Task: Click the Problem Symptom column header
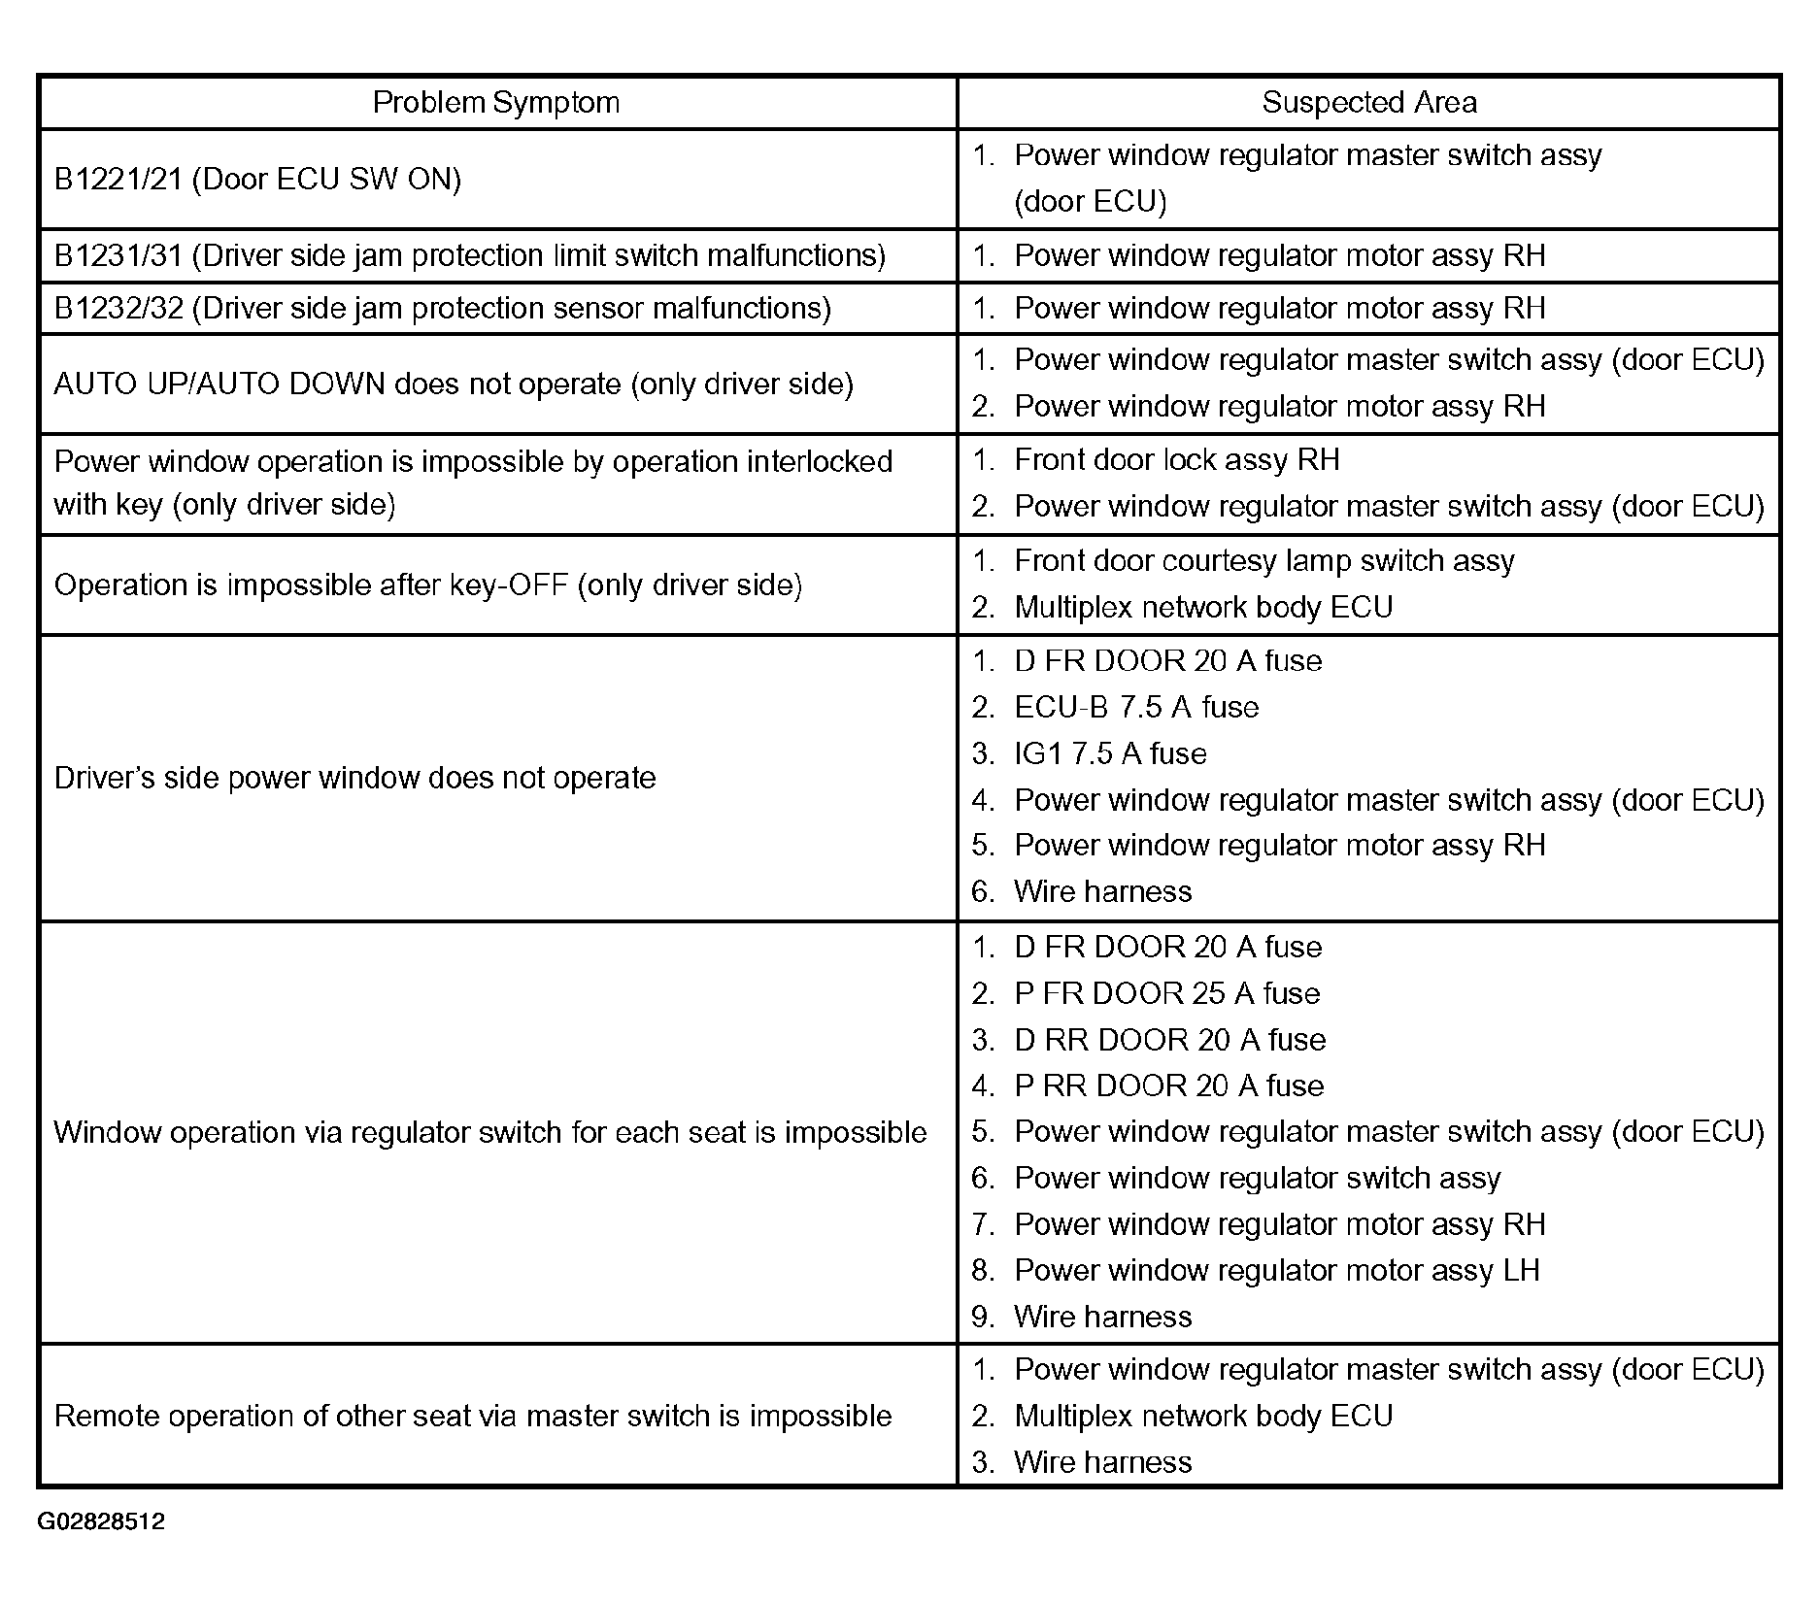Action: tap(495, 102)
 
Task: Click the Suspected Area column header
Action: tap(1368, 102)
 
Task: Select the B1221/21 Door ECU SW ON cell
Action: tap(257, 179)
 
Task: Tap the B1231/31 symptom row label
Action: tap(469, 255)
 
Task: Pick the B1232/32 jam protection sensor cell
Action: tap(442, 308)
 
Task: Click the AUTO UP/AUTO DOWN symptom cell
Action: tap(454, 384)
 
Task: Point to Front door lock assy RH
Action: tap(1175, 459)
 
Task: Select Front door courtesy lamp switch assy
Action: tap(1263, 560)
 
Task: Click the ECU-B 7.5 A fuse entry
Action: tap(1135, 707)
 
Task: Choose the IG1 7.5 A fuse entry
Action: tap(1109, 753)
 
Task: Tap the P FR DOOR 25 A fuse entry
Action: tap(1166, 993)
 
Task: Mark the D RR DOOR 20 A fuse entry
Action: tap(1169, 1040)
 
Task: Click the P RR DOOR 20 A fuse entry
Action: tap(1168, 1085)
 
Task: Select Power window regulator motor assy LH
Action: tap(1276, 1270)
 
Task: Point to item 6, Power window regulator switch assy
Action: tap(1257, 1178)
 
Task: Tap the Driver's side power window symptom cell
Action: tap(354, 778)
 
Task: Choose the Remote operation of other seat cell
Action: tap(472, 1416)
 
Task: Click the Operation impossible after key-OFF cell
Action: tap(427, 584)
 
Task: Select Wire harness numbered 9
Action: tap(1101, 1317)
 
